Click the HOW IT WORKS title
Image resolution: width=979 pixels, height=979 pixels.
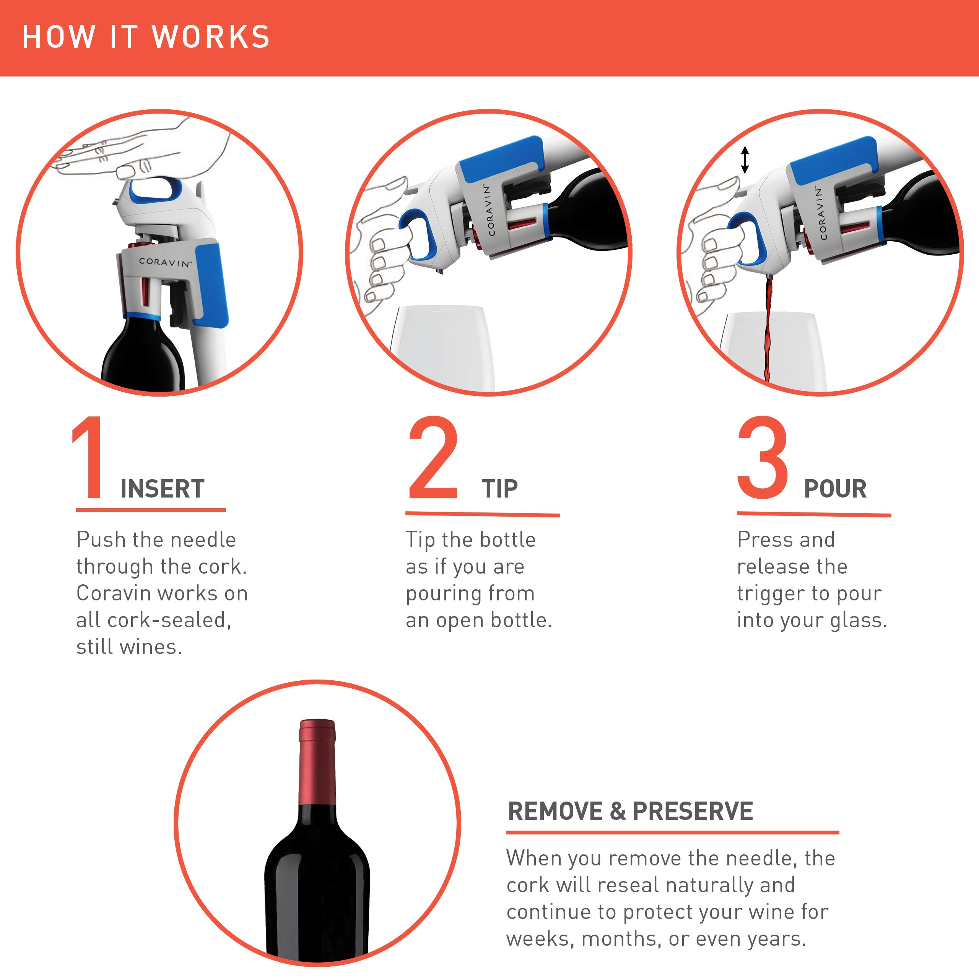tap(146, 37)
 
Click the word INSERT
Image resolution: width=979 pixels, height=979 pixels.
tap(162, 489)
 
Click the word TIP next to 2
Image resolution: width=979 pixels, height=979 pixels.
tap(500, 489)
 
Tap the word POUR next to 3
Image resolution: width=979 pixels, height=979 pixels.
tap(835, 489)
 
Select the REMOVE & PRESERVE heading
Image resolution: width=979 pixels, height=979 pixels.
tap(630, 811)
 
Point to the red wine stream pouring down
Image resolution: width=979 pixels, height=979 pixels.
tap(768, 329)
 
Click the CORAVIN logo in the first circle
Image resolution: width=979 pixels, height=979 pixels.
tap(165, 262)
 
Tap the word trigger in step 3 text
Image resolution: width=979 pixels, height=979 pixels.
tap(769, 594)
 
